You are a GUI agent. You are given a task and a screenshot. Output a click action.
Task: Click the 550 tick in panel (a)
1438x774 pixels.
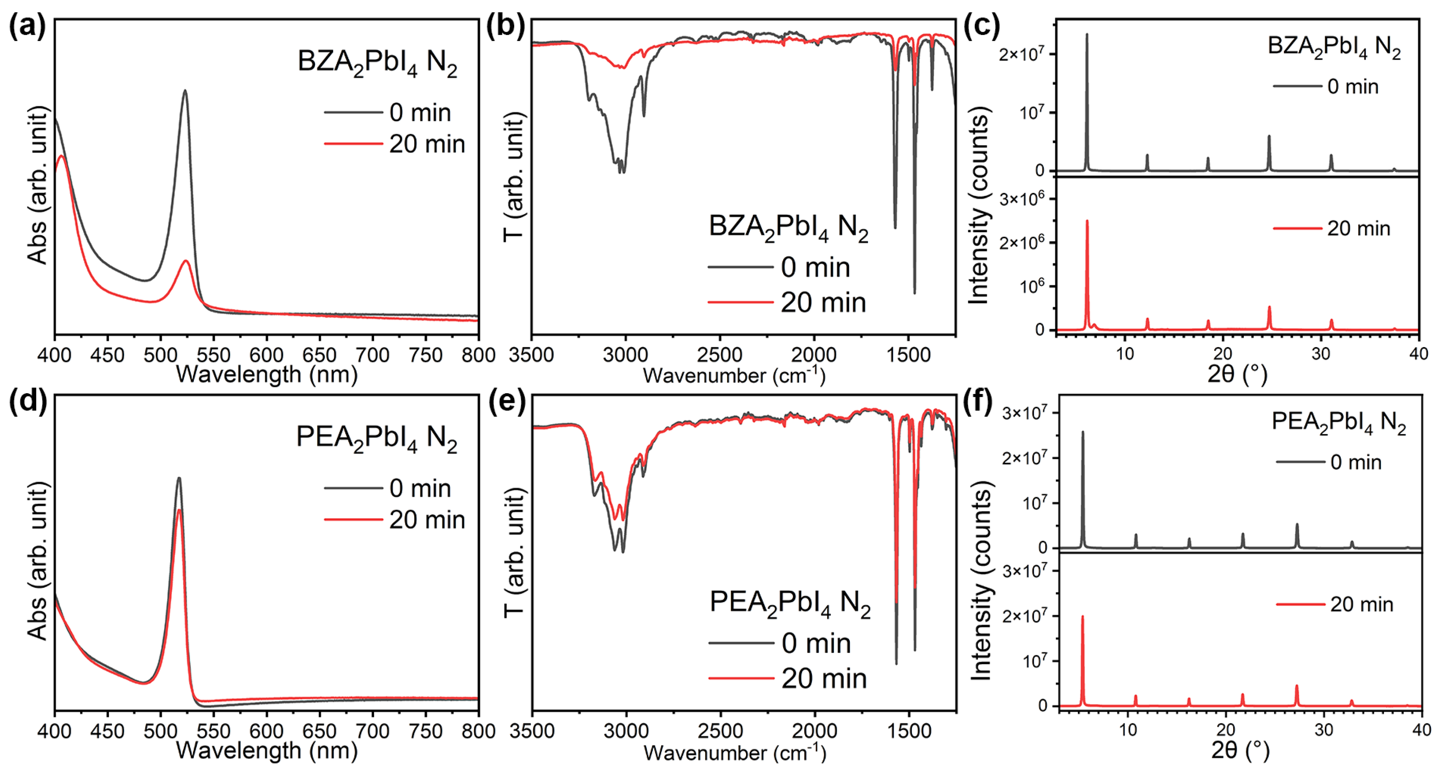[213, 355]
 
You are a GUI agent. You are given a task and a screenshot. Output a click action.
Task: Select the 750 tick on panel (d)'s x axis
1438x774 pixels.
[426, 731]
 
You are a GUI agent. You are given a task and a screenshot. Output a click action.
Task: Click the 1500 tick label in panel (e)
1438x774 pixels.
[909, 731]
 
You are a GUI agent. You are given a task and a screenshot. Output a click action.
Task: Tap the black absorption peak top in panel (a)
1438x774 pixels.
[185, 91]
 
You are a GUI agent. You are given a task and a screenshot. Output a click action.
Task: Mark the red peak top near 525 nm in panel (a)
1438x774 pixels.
[186, 261]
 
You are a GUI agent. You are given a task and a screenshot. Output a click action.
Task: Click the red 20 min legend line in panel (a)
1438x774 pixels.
[353, 144]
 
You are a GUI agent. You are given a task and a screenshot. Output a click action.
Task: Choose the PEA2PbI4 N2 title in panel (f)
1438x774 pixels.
[1338, 422]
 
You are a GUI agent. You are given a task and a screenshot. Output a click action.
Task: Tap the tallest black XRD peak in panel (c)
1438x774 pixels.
[1086, 35]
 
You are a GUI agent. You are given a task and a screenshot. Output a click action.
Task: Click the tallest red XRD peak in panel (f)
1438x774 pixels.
[1083, 617]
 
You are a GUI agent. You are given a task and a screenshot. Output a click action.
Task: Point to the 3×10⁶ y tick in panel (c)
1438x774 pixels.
[1022, 199]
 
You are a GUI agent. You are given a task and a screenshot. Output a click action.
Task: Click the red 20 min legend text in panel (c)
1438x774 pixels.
[1358, 228]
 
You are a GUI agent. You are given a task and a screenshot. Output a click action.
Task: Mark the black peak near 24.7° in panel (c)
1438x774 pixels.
[1269, 137]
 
